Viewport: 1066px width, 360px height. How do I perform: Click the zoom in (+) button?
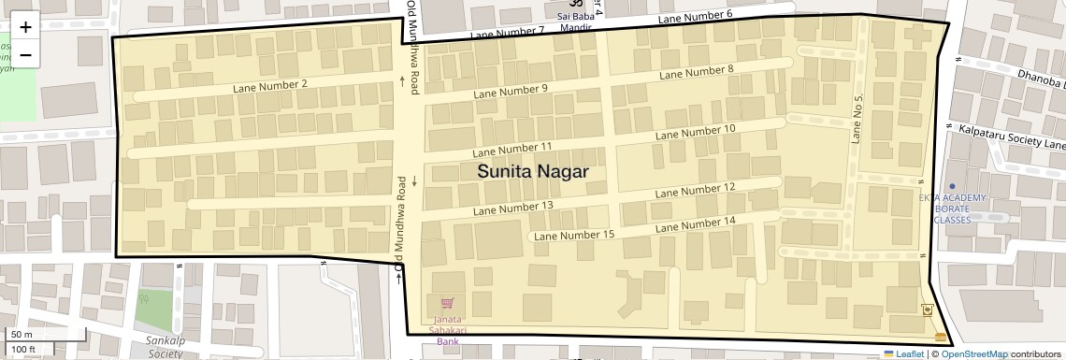tap(25, 28)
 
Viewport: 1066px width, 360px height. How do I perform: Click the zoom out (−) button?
tap(25, 55)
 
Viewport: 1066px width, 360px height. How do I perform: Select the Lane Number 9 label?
tap(511, 91)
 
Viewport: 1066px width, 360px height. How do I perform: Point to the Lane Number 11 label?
tap(512, 149)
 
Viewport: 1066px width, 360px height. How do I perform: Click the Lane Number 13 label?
tap(513, 207)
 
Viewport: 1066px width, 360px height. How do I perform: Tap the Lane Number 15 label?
tap(574, 235)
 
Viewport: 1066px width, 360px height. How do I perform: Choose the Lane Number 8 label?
tap(697, 72)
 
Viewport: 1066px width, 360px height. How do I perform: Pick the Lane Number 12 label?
tap(696, 189)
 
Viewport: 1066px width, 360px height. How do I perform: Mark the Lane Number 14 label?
tap(696, 224)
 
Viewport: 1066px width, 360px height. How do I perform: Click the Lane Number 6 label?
tap(695, 16)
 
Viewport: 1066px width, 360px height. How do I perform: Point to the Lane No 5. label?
tap(857, 118)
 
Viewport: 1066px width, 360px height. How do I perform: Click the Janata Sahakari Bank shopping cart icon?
tap(447, 304)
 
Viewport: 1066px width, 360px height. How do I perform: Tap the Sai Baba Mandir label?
tap(576, 22)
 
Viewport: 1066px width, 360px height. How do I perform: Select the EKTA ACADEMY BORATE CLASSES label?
tap(952, 208)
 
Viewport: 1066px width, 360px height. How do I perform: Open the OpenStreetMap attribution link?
tap(973, 353)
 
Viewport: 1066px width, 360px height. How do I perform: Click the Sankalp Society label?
tap(165, 347)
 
